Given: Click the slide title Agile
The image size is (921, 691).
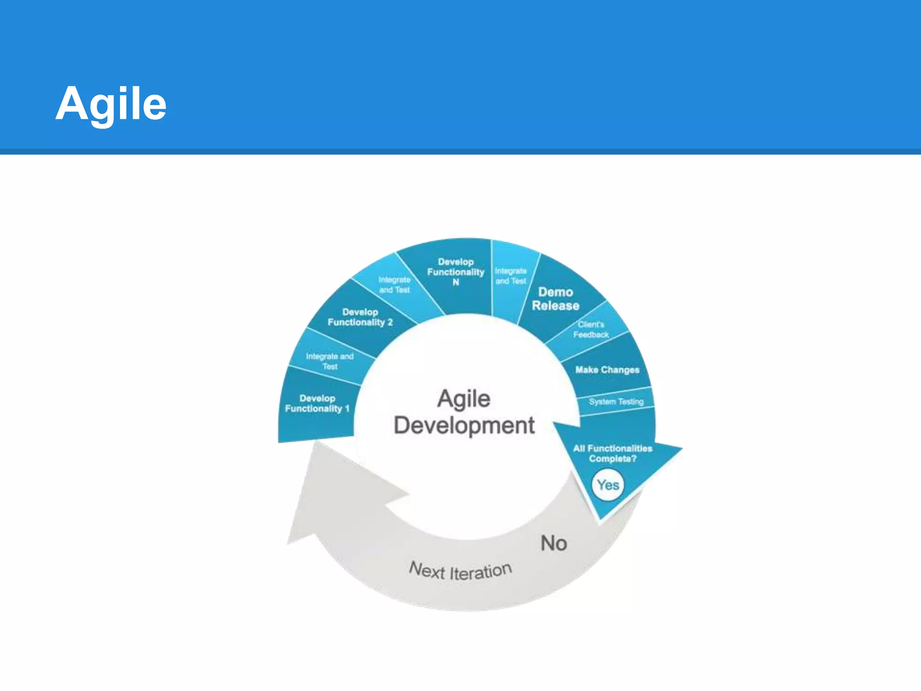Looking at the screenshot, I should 111,104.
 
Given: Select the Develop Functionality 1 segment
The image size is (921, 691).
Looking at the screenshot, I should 317,404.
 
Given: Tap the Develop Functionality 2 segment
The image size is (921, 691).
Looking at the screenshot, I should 360,317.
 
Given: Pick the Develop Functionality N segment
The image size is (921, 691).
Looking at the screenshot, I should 455,272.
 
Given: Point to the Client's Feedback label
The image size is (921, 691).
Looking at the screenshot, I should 591,330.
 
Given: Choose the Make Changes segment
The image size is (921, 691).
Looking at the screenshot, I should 607,370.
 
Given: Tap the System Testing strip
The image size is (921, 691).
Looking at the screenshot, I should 616,401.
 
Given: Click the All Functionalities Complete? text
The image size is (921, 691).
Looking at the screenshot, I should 613,453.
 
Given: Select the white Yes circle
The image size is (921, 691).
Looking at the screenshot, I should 608,485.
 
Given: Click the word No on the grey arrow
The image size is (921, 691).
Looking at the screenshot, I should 554,543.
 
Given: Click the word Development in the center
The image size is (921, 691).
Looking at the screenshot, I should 464,426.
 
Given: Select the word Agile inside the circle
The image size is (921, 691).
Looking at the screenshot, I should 464,399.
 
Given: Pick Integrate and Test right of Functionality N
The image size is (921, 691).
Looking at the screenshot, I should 510,276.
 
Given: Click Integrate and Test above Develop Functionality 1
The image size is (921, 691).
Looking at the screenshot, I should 330,361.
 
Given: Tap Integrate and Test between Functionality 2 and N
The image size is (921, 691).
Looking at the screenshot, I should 394,285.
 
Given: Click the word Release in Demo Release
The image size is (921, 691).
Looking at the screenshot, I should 555,306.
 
